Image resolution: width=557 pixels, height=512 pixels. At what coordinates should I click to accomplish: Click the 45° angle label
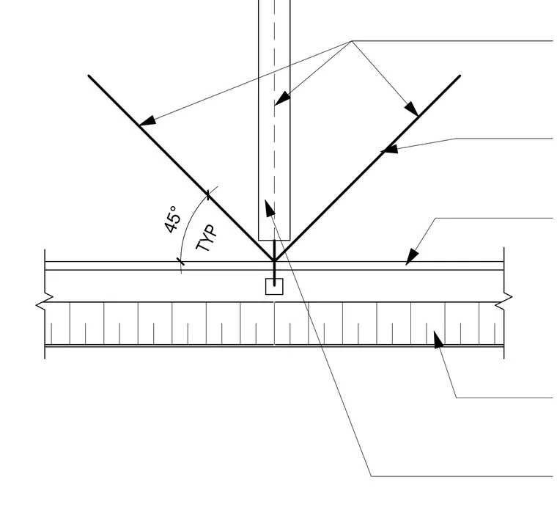coord(173,219)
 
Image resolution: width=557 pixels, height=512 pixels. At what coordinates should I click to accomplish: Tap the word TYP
coord(207,238)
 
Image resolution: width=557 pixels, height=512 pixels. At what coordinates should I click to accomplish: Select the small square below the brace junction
coord(274,287)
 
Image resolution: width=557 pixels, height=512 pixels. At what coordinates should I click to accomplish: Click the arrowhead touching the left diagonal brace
coord(147,120)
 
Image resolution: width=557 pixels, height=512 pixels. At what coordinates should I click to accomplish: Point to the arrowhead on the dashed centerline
coord(282,98)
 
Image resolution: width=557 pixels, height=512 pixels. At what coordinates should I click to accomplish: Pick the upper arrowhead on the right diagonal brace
coord(412,109)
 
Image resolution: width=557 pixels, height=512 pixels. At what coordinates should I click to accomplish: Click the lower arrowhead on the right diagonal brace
coord(389,149)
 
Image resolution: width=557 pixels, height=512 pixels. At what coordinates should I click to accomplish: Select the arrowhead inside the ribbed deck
coord(438,339)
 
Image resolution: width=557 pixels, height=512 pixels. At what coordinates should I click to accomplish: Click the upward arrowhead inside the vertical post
coord(270,208)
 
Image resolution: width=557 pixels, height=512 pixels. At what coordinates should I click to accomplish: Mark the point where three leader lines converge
coord(352,41)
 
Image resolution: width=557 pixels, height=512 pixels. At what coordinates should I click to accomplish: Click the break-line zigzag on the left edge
coord(45,300)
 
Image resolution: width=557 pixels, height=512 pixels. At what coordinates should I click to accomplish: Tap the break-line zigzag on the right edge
coord(504,300)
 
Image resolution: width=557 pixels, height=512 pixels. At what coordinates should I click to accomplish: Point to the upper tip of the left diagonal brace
coord(89,76)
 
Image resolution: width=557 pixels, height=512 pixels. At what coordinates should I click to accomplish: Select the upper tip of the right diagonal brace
coord(460,76)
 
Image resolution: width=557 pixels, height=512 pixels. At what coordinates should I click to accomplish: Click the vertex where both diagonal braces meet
coord(274,261)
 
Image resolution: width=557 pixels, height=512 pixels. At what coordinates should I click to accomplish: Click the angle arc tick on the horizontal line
coord(181,262)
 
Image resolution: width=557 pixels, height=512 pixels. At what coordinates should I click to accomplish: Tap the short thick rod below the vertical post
coord(274,263)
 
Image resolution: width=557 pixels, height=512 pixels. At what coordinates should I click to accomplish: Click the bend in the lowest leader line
coord(372,476)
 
